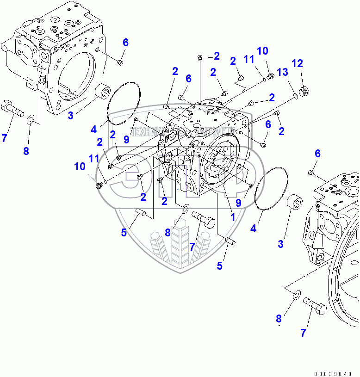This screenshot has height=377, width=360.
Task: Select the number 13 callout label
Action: (282, 72)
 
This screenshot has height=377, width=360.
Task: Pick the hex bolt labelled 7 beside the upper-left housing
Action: (13, 110)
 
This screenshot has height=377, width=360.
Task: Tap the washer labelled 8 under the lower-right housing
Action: (296, 293)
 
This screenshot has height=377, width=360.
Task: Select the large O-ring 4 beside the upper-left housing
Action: (124, 104)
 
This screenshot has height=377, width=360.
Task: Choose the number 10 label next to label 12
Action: (263, 51)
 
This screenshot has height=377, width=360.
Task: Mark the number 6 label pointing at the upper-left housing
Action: (125, 43)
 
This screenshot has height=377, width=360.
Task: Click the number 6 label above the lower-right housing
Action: (317, 154)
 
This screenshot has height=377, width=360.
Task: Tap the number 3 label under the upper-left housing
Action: (70, 116)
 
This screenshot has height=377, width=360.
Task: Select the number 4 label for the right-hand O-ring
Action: (254, 228)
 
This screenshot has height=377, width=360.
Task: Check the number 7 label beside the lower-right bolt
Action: (303, 332)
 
